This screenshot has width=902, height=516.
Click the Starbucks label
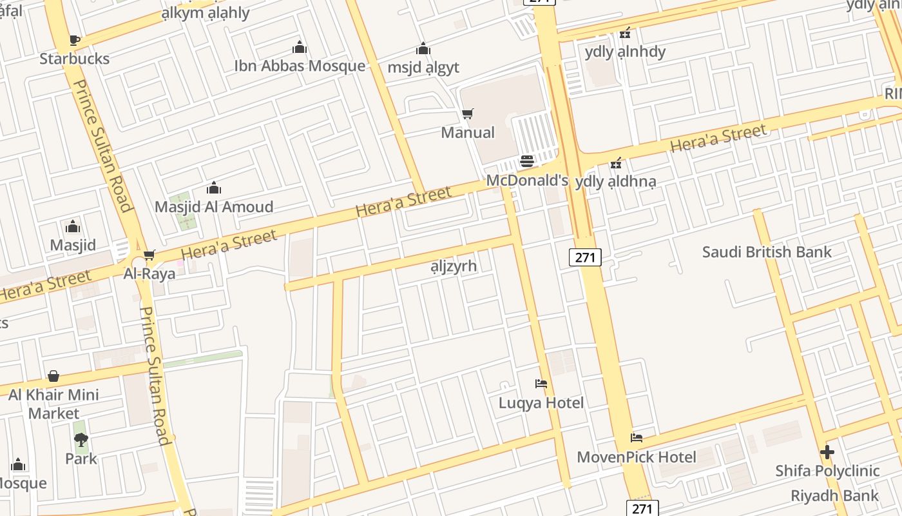74,59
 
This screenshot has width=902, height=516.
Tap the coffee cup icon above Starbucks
74,41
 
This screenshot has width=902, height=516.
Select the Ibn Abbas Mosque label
300,66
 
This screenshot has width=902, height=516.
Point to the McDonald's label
527,180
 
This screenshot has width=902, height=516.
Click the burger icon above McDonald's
527,161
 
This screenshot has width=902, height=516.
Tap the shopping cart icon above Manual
468,114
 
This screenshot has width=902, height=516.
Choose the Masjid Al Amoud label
214,207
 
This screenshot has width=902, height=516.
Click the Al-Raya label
149,273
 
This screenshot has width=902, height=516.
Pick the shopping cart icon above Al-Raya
149,255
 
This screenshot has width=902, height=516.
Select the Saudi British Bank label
767,252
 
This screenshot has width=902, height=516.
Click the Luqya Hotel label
541,403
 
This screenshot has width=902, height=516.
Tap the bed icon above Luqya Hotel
541,384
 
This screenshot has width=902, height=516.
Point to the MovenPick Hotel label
637,457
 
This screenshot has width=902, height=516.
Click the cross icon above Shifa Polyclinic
827,452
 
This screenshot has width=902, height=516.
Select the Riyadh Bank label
834,495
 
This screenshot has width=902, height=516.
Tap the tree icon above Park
81,440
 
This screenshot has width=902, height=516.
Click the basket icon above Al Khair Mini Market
53,375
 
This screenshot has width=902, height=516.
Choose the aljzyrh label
454,266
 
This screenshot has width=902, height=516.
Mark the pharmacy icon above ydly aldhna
616,163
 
